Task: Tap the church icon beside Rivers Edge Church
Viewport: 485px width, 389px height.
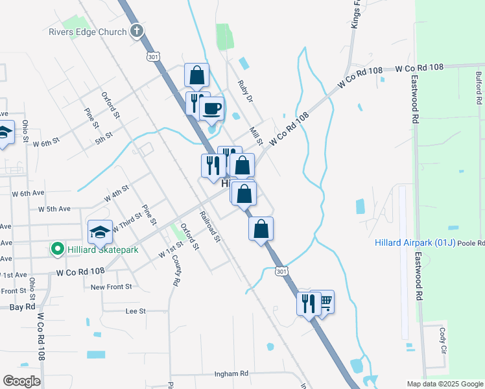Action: (136, 30)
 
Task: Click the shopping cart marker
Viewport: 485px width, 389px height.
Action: (323, 301)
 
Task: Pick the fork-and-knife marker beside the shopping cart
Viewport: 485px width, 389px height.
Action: (309, 303)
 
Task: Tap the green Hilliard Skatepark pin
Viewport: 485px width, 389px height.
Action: (57, 249)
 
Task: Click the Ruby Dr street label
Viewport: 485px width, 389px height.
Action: (244, 90)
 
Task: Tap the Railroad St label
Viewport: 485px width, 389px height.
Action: (210, 227)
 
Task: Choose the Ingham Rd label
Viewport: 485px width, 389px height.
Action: (231, 374)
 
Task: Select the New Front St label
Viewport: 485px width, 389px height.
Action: (111, 287)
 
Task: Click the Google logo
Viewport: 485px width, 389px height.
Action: (21, 381)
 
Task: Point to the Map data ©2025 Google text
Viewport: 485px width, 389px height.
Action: (444, 384)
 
